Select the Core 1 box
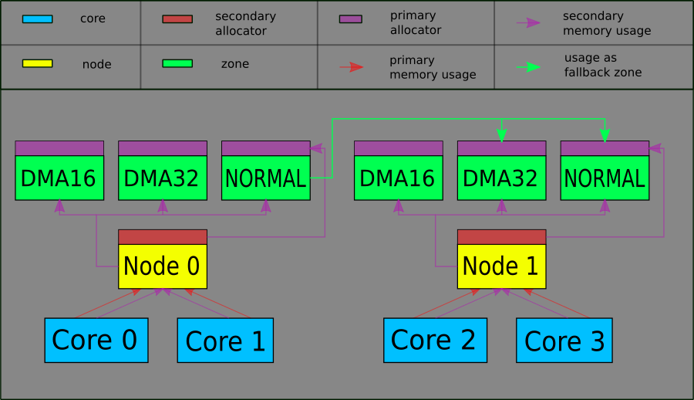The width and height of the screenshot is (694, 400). coord(225,340)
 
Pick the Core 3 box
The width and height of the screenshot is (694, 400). coord(564,340)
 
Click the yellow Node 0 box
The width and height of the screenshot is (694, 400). coord(163,266)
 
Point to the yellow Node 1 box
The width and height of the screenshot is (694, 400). coord(501,266)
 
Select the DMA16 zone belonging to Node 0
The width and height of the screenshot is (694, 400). coord(59,178)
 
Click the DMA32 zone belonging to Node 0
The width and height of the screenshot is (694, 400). coord(163,178)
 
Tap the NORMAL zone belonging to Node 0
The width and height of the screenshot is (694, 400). coord(265,178)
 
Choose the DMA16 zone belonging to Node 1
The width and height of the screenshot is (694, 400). coord(399,178)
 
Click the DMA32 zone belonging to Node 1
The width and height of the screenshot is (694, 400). coord(501,178)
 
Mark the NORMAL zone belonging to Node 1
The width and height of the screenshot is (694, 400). coord(605,178)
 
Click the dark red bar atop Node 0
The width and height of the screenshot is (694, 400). coord(163,236)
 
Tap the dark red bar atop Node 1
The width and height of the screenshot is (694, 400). coord(501,236)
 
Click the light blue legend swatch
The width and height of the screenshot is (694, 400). coord(37,19)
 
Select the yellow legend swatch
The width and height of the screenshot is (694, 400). coord(37,63)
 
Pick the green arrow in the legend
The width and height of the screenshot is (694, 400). coord(528,67)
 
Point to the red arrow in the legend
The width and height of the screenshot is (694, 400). coord(352,67)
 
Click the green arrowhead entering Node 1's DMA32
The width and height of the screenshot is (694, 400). coord(502,136)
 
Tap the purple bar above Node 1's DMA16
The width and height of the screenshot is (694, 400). coord(399,148)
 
